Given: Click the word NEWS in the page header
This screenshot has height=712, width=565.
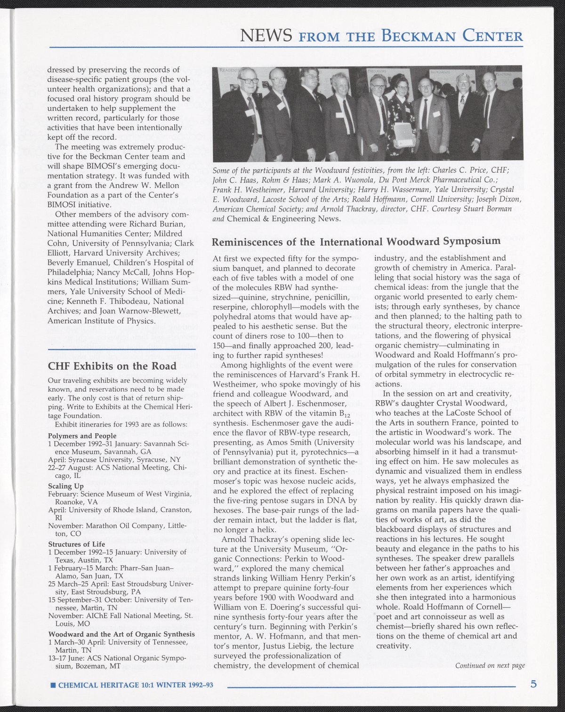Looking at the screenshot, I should pos(267,35).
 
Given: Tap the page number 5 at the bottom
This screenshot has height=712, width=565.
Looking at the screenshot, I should pos(533,684).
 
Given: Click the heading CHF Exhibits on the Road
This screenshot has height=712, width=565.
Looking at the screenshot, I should pos(112,366).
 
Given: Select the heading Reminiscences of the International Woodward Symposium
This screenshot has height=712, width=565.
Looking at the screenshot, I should pos(356,242).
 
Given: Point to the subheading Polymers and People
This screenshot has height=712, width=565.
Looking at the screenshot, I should pos(82,436).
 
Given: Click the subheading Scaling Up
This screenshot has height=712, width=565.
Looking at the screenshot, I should pos(66,485).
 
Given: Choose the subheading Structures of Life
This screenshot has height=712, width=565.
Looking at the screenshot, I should pos(76,544).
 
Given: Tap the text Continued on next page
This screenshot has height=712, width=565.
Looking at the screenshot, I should pos(490,665).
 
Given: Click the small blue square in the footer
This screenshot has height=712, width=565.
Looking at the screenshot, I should pos(53,685).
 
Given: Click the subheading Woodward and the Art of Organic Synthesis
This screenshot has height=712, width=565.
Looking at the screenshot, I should pos(121,634).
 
